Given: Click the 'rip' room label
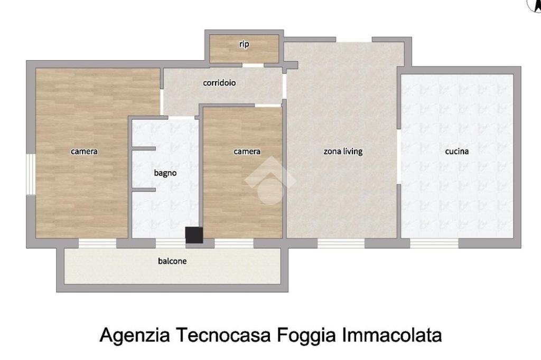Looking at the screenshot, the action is [x=244, y=44].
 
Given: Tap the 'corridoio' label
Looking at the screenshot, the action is [x=219, y=83].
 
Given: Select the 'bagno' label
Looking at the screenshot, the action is [x=165, y=173].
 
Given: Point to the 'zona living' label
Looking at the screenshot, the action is [x=343, y=151].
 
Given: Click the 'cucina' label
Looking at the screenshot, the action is [x=457, y=151].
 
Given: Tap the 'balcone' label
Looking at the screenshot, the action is [x=172, y=261].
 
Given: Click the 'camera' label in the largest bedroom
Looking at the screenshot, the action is [x=84, y=151].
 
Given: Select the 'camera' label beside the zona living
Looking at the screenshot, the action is [x=247, y=151].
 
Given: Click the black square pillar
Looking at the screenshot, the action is [x=194, y=235].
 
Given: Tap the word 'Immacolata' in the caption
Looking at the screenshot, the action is [x=392, y=335].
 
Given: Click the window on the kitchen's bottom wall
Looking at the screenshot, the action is [x=434, y=243].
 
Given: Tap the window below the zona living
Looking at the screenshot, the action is [x=341, y=243].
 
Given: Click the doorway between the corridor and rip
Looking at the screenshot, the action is [x=253, y=65].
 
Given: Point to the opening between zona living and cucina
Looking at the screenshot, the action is [x=399, y=157].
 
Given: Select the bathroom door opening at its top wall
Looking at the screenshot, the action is [x=181, y=118].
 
